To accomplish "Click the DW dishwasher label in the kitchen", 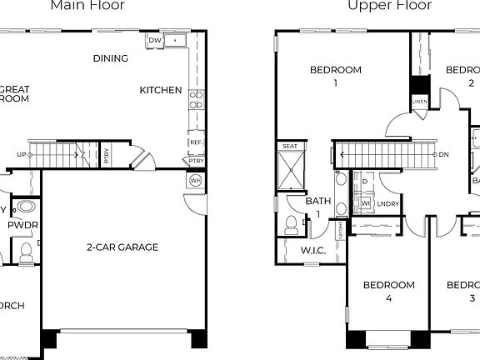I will click(x=154, y=40).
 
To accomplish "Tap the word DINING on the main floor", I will click(x=111, y=58).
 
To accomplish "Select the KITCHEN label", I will click(x=160, y=90).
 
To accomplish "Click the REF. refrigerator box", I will click(x=197, y=142).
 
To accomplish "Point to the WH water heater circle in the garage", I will click(x=196, y=180).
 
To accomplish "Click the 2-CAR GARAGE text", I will click(x=122, y=247).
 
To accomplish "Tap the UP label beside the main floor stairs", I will click(x=21, y=154).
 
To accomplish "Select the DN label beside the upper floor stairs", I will click(x=444, y=154).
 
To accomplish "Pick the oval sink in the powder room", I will click(x=27, y=207).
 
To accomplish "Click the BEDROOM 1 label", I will click(x=335, y=77).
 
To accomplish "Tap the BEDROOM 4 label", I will click(x=388, y=292).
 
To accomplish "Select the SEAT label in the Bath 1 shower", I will click(x=290, y=147).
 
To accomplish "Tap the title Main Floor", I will click(x=87, y=6).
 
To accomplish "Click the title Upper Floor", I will click(x=390, y=6).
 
